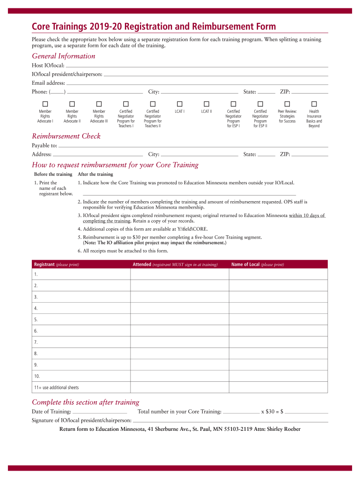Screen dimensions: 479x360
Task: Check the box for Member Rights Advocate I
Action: [45, 103]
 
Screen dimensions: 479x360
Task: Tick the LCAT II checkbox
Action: [207, 103]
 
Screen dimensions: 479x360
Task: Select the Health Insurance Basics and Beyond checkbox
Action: [314, 103]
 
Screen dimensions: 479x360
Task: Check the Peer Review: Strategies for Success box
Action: [287, 103]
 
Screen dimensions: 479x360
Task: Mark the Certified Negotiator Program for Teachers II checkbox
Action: [152, 103]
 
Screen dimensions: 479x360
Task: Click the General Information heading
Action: [64, 56]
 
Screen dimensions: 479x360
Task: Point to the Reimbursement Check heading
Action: [66, 136]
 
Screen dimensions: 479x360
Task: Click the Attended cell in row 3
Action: [180, 297]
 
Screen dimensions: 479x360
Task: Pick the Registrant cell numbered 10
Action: [80, 376]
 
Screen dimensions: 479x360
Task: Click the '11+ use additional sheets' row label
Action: [56, 388]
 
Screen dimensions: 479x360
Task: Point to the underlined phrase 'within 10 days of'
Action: [306, 216]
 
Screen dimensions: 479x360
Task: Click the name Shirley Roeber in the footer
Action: [283, 429]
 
